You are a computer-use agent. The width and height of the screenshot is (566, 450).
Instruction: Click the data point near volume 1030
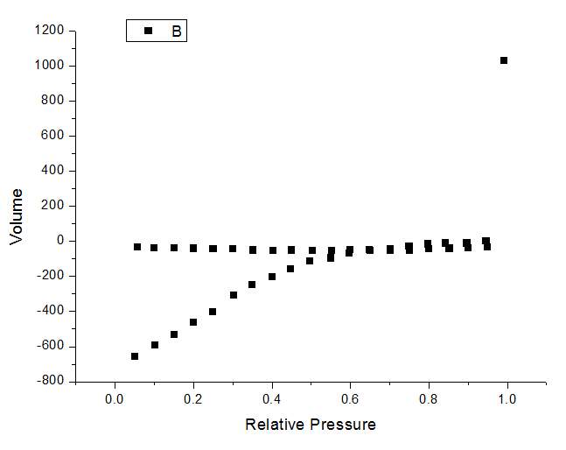[504, 60]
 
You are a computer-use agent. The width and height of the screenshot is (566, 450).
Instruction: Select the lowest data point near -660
[135, 356]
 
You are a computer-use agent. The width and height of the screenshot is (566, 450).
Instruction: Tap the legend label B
[176, 32]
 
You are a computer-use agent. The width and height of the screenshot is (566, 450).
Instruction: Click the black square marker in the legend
[148, 31]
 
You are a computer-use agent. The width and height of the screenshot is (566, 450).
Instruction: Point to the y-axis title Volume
[17, 215]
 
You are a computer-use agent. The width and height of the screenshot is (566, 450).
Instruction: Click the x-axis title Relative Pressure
[311, 425]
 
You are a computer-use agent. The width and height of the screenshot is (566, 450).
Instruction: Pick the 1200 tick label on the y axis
[49, 31]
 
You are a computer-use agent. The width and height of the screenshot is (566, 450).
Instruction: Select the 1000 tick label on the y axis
[49, 66]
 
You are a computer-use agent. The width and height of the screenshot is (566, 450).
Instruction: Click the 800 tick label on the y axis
[52, 101]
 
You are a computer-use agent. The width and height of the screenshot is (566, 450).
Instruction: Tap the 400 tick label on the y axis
[52, 171]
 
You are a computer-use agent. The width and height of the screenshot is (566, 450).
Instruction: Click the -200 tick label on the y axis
[50, 276]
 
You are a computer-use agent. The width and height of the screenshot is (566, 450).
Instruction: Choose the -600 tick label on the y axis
[50, 346]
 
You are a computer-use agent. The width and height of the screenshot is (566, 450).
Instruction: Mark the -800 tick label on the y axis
[50, 381]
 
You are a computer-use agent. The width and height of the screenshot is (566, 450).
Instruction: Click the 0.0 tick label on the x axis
[115, 398]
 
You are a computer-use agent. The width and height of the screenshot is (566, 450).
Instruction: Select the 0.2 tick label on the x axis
[193, 398]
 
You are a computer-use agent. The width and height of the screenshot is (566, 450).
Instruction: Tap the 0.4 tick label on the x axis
[272, 398]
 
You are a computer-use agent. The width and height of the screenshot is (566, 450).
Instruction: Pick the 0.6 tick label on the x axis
[350, 398]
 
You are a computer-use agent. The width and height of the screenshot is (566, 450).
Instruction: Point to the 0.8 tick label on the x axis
[429, 398]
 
